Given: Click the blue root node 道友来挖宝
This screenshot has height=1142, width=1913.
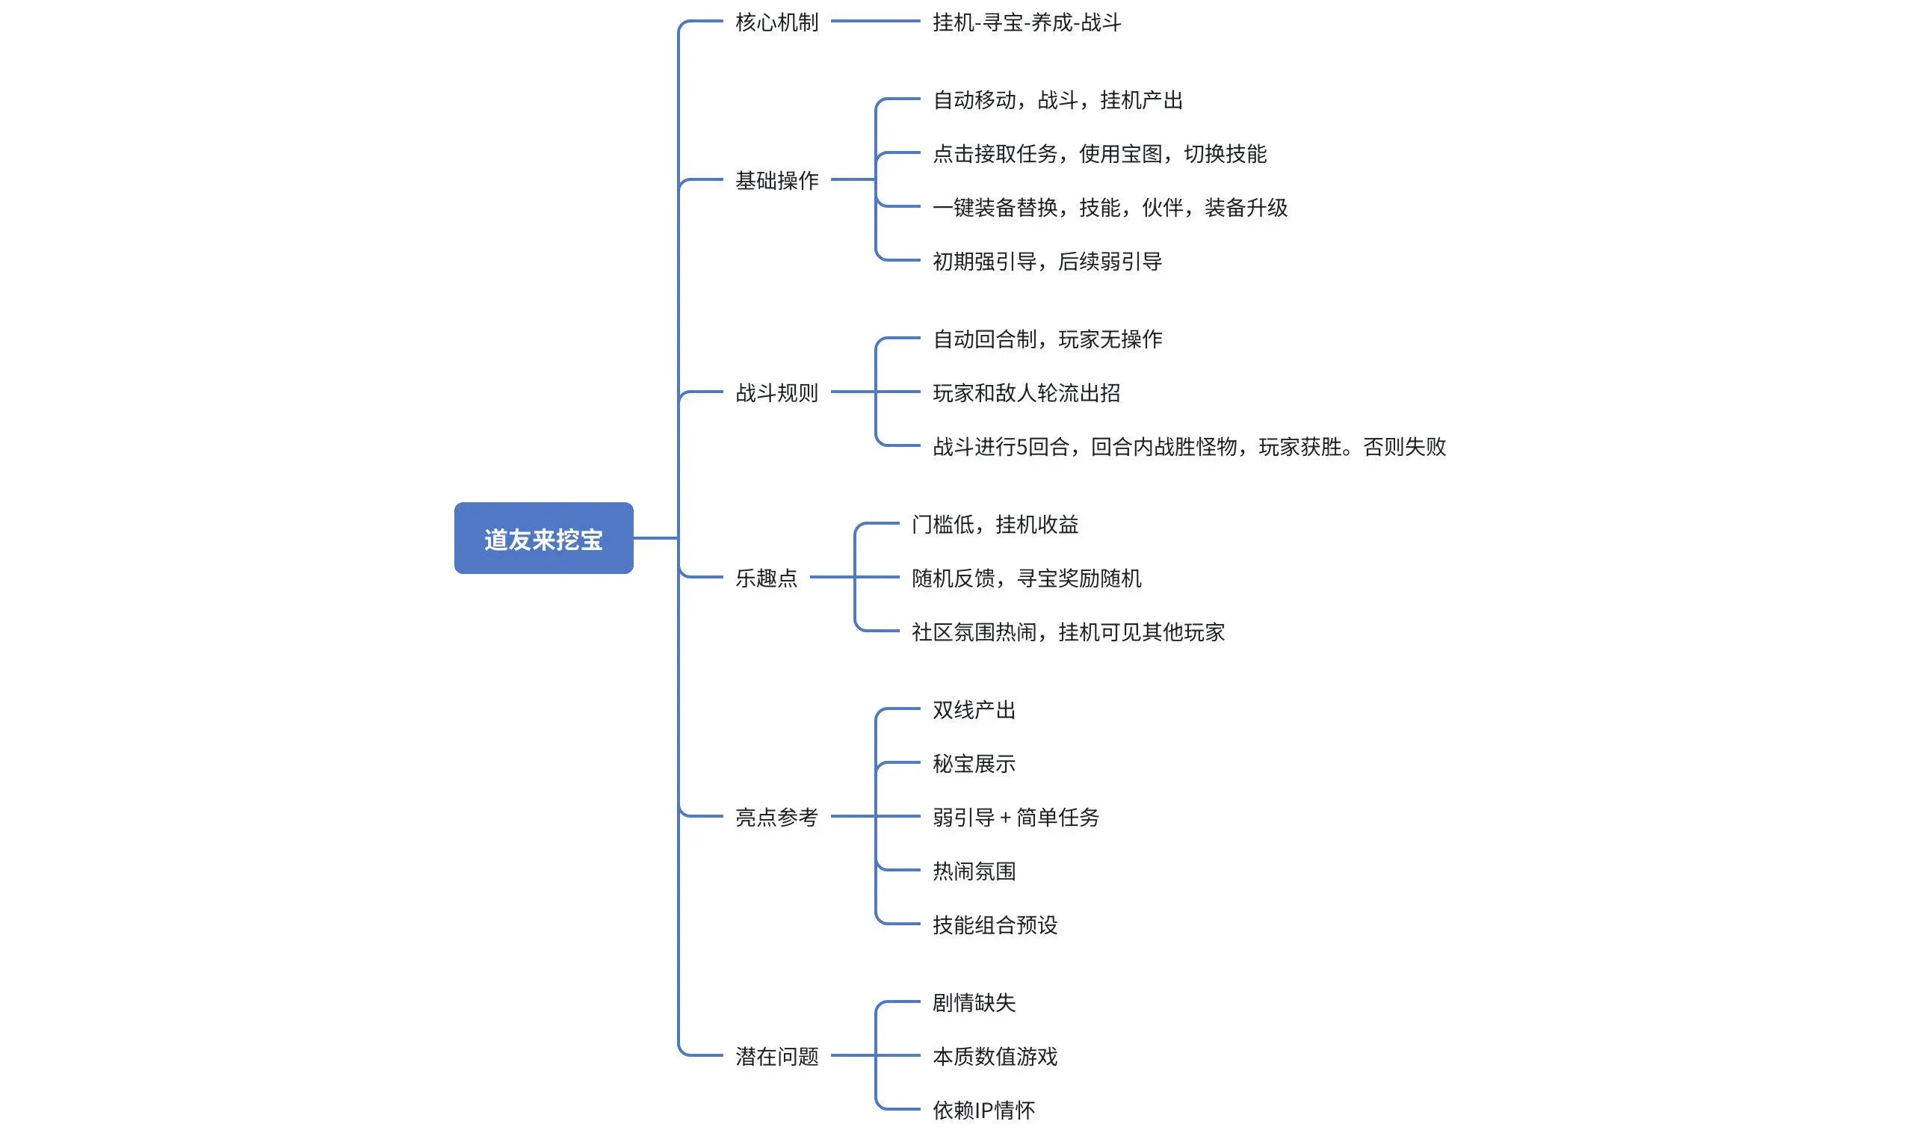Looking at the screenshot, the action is pos(543,538).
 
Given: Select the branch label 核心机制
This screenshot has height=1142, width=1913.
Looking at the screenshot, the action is pos(776,22).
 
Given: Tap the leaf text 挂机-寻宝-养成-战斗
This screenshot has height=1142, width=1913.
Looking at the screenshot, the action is pos(1026,22).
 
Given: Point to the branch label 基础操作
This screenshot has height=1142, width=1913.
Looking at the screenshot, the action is pos(776,180).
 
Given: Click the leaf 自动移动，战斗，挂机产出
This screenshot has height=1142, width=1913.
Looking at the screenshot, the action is pos(1057,100).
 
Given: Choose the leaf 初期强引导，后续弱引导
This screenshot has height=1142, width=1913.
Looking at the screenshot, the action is pos(1047,262).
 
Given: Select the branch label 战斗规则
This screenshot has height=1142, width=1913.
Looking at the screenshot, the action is pos(776,392).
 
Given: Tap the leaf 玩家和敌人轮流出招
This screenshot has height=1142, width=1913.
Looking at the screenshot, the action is pos(1026,392).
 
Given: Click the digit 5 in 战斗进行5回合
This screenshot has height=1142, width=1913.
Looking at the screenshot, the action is pos(1022,447).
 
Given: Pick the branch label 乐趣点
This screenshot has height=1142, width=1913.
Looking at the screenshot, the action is pos(766,578).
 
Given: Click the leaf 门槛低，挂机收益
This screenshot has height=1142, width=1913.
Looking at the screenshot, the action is pos(995,524).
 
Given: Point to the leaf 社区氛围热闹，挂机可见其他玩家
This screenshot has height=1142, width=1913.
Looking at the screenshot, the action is pos(1068,632).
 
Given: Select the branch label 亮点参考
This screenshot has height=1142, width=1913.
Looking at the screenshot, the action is pos(776,816).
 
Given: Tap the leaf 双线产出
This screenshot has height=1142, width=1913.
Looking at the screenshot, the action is pos(974,709).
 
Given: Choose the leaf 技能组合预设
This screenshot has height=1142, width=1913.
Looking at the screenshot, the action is pos(995,925).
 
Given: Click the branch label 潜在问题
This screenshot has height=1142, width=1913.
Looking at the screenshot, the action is pos(776,1056).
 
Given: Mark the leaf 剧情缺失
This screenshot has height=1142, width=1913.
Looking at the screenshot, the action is pos(974,1002).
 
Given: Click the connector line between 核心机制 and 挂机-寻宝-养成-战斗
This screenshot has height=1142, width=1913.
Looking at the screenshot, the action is pos(875,22).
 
